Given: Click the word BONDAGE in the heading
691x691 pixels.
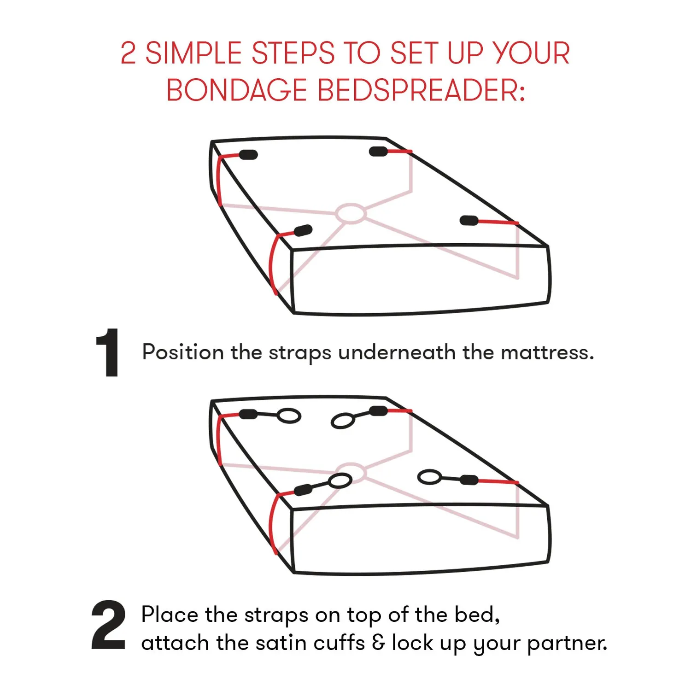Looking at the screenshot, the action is click(x=236, y=90).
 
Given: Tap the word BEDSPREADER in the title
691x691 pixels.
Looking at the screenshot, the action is click(x=421, y=90).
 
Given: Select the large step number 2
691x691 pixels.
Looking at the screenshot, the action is click(x=108, y=625).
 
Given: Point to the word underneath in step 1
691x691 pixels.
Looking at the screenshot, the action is click(x=397, y=353).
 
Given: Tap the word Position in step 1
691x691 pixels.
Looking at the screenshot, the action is click(x=183, y=352).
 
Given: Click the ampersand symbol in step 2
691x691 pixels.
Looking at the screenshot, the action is click(x=378, y=643).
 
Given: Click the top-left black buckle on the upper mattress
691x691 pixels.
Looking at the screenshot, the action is click(x=248, y=155).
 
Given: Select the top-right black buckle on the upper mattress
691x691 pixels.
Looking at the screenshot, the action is click(x=378, y=151).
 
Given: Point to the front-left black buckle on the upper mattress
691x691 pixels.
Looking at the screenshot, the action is click(x=303, y=230).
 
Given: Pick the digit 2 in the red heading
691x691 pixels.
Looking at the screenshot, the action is click(x=128, y=53).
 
